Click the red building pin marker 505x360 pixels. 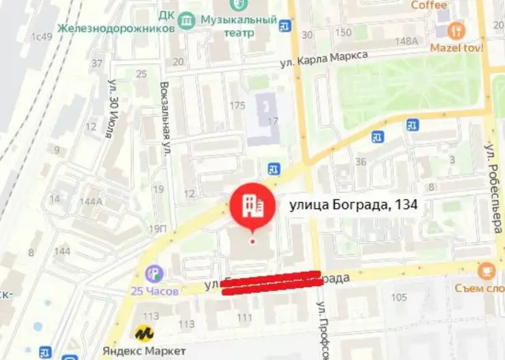pyautogui.click(x=252, y=205)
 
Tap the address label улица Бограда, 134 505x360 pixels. pyautogui.click(x=353, y=205)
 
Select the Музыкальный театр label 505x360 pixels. pyautogui.click(x=238, y=26)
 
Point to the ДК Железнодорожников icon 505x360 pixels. pyautogui.click(x=186, y=21)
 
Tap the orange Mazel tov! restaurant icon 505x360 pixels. pyautogui.click(x=457, y=30)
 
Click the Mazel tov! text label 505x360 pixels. pyautogui.click(x=457, y=48)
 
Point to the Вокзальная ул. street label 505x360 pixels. pyautogui.click(x=164, y=119)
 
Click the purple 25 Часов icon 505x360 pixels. pyautogui.click(x=156, y=274)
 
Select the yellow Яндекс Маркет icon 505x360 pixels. pyautogui.click(x=144, y=333)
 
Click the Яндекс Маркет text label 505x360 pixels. pyautogui.click(x=144, y=350)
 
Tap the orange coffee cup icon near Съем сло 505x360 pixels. pyautogui.click(x=486, y=270)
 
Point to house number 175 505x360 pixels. pyautogui.click(x=237, y=105)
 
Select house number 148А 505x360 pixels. pyautogui.click(x=406, y=41)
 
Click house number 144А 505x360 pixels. pyautogui.click(x=91, y=201)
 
